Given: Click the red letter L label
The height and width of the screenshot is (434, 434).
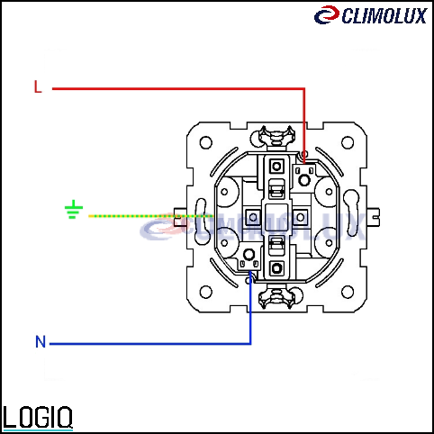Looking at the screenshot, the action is (x=38, y=86).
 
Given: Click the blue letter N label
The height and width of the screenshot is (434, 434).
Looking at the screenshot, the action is (x=41, y=341).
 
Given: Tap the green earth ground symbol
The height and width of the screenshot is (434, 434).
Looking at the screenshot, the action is (x=74, y=210).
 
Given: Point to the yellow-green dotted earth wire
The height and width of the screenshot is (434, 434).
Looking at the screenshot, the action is (x=150, y=216).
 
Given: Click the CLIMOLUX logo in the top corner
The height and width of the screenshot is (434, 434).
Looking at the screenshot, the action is (x=370, y=15).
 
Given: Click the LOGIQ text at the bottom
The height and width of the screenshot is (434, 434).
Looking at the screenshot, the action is (x=38, y=418).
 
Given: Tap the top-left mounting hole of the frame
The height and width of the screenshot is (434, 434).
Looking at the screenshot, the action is (x=206, y=142).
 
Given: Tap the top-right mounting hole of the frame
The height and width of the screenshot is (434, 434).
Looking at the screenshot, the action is (x=348, y=142).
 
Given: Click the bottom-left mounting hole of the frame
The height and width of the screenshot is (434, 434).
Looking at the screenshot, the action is (x=206, y=292).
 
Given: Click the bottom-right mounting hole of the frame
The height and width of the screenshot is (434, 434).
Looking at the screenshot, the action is (x=348, y=292).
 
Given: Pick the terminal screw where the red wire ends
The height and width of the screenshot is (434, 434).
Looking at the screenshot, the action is (x=304, y=180).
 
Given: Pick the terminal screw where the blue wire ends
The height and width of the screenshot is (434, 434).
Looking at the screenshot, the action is (x=249, y=255).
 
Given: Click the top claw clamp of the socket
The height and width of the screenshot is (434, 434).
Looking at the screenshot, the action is (x=276, y=138).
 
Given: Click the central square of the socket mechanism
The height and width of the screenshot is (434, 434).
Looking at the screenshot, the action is (x=276, y=217).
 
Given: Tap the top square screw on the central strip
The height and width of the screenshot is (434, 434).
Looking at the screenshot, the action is (x=276, y=166).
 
